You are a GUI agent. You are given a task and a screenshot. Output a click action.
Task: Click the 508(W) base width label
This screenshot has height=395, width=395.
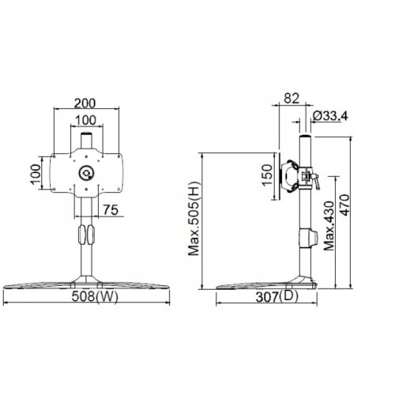pos(89,298)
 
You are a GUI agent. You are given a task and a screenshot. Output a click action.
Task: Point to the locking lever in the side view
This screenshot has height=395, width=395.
pos(312,181)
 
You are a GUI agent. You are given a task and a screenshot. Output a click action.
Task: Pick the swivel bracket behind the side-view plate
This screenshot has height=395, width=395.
pos(294,175)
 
